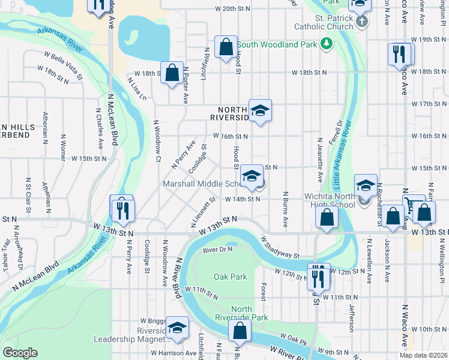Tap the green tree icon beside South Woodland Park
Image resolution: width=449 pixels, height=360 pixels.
(327, 43)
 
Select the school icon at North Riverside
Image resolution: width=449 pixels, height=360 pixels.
(261, 110)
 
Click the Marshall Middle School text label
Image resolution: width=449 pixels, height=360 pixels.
(202, 183)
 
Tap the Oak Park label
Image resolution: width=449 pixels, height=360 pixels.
(231, 277)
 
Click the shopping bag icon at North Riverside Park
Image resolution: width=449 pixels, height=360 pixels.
(240, 330)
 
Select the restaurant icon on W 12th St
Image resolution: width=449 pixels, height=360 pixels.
(318, 276)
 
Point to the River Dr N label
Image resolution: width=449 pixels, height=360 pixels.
(217, 248)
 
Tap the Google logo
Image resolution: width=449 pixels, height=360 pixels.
(20, 353)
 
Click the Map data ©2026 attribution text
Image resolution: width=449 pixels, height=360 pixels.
(423, 355)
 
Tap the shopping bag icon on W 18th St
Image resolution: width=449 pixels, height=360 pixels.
(172, 73)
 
